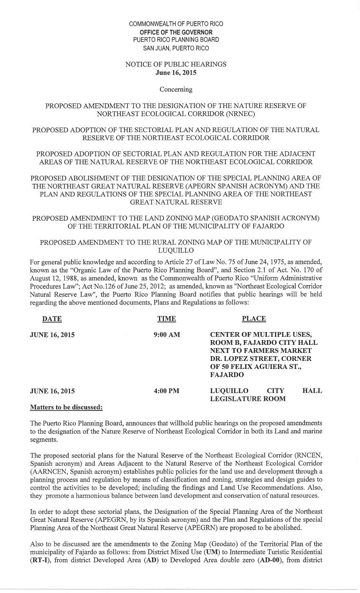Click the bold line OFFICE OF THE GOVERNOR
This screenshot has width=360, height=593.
click(x=176, y=32)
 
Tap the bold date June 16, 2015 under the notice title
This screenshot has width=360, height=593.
click(x=176, y=72)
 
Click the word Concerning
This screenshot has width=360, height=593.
click(x=176, y=89)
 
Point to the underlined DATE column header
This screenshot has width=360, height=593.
click(x=52, y=319)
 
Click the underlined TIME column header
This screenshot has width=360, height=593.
click(x=166, y=319)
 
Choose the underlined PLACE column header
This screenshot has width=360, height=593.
click(x=254, y=319)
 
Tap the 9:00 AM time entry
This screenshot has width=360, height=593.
click(x=166, y=335)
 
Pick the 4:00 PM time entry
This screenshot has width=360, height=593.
click(x=166, y=391)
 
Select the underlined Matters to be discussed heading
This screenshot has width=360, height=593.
click(x=66, y=407)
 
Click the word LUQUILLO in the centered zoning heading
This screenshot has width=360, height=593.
click(x=176, y=250)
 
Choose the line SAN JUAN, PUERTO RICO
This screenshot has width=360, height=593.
click(x=176, y=48)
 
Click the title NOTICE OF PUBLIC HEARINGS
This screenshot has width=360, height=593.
click(x=176, y=64)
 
